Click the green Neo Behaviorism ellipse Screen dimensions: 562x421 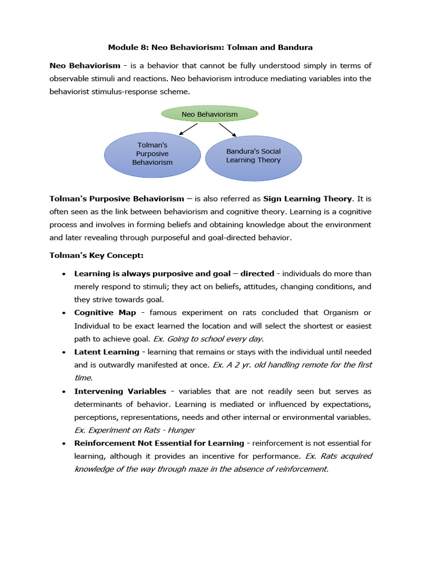pyautogui.click(x=209, y=114)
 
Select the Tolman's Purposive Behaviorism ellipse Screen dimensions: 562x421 pyautogui.click(x=152, y=154)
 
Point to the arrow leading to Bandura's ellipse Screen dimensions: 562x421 pyautogui.click(x=227, y=130)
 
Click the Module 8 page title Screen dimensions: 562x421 pyautogui.click(x=210, y=48)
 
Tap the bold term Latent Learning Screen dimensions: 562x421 pyautogui.click(x=107, y=352)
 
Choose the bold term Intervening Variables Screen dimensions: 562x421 pyautogui.click(x=120, y=391)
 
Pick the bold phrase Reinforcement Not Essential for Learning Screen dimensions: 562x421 pyautogui.click(x=159, y=443)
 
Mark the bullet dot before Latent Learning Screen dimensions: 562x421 pyautogui.click(x=64, y=352)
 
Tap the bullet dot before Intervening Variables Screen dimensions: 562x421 pyautogui.click(x=64, y=392)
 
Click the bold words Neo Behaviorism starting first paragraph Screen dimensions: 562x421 pyautogui.click(x=85, y=66)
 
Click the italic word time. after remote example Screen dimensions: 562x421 pyautogui.click(x=83, y=378)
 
